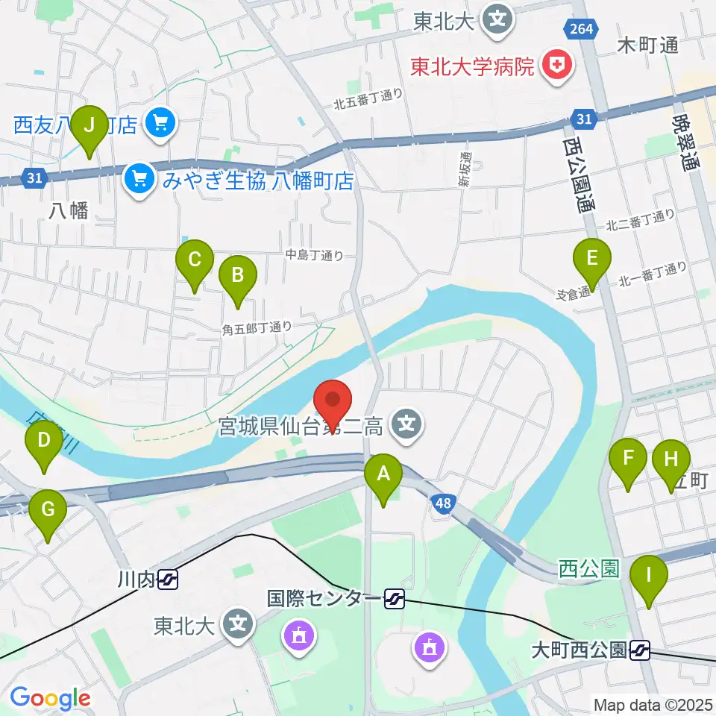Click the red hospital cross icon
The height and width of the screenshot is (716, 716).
[554, 66]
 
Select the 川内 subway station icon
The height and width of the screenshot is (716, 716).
[168, 579]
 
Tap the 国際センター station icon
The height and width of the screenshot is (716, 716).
[395, 597]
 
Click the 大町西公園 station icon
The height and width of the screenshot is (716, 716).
[639, 651]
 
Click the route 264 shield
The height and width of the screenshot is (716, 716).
[579, 28]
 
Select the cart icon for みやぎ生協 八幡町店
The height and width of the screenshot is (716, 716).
[138, 180]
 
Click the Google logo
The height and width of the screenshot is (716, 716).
[49, 698]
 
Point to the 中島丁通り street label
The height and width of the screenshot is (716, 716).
[315, 255]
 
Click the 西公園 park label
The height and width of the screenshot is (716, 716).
[589, 569]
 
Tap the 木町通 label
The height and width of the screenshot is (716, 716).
[648, 46]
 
